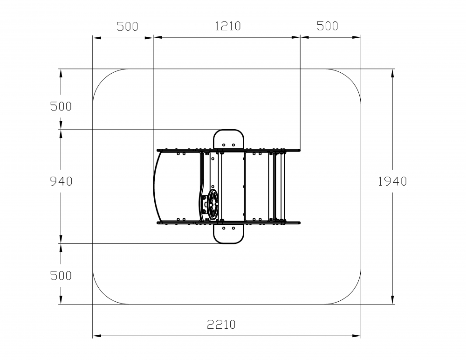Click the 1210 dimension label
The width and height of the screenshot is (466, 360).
tap(228, 26)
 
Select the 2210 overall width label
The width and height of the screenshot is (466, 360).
tap(221, 324)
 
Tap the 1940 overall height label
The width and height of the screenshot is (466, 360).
tap(392, 181)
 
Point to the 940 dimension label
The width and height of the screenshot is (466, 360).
tap(61, 181)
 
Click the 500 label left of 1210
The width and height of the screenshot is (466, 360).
tap(128, 27)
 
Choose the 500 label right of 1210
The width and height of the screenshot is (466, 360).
tap(328, 26)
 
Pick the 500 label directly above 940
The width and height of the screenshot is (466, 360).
tap(61, 106)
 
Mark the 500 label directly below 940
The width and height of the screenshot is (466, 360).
tap(61, 276)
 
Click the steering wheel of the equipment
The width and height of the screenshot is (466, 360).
tap(213, 204)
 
